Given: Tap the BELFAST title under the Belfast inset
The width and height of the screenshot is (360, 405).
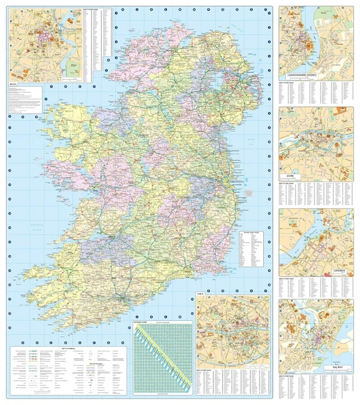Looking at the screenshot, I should (13, 83).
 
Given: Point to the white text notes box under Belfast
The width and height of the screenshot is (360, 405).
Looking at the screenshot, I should (25, 99).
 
